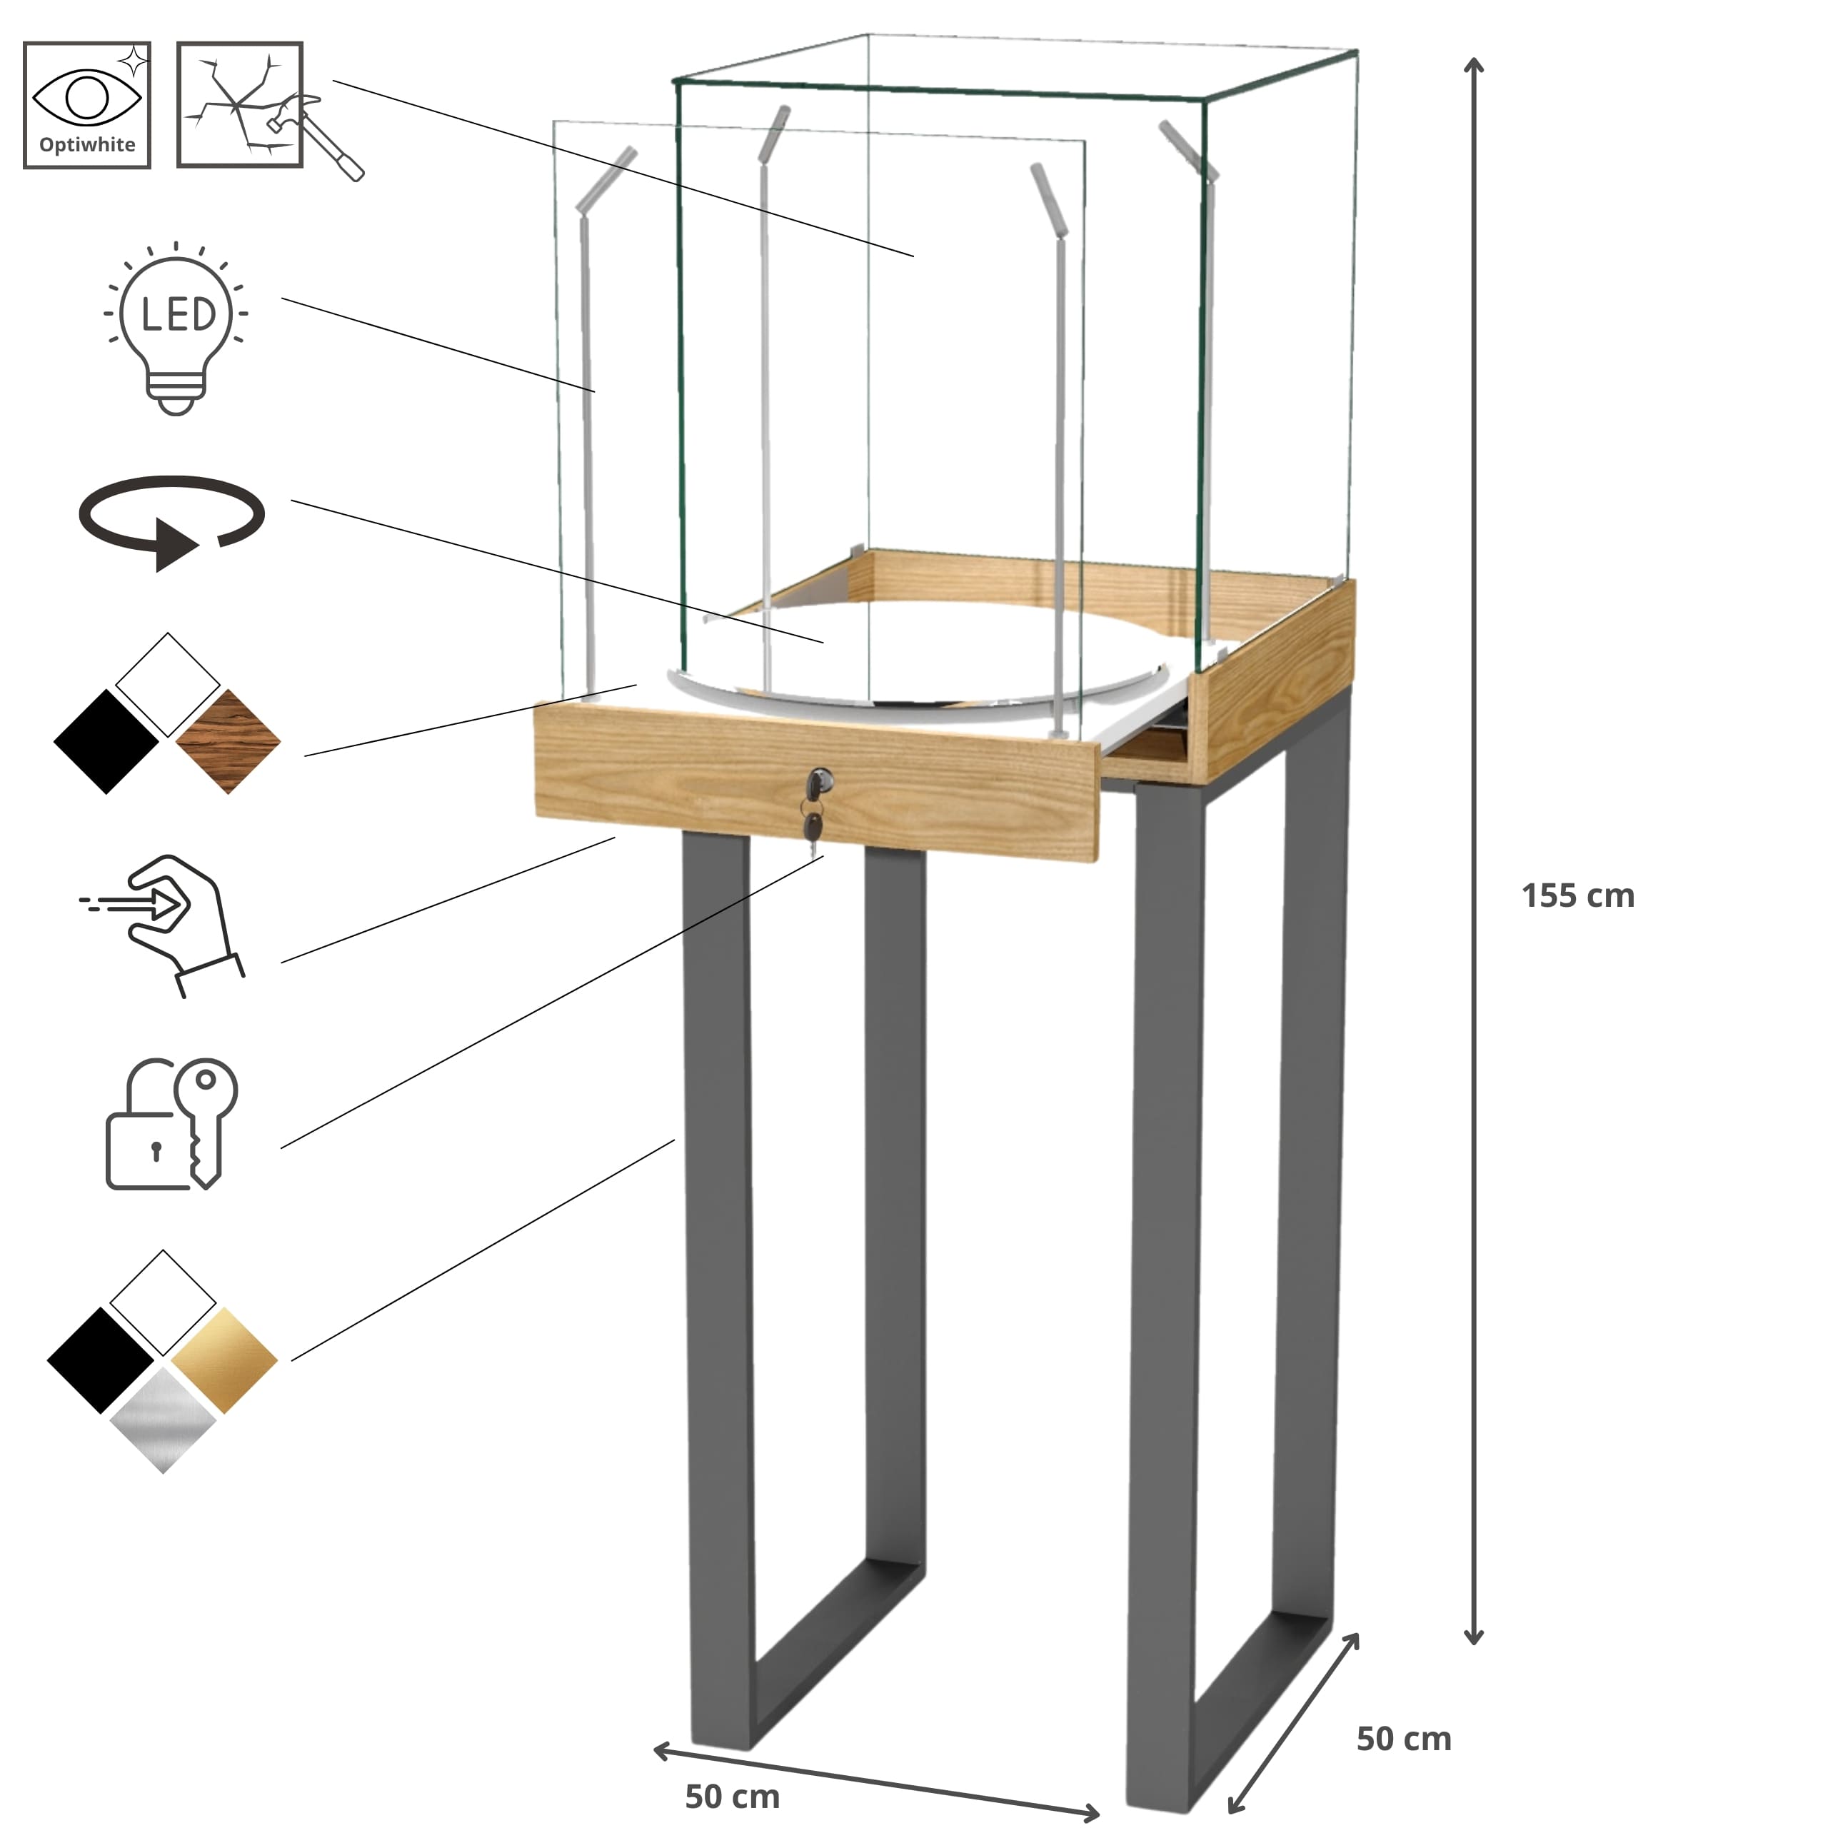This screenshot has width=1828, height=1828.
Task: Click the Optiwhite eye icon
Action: coord(87,104)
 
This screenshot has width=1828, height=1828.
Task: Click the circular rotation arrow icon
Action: coord(171,522)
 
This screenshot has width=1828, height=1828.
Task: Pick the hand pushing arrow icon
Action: coord(163,925)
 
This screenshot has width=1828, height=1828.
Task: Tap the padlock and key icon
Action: coord(171,1124)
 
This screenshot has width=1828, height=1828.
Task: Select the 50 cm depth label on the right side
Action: coord(1403,1738)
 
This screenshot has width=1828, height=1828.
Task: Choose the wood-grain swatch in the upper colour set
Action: coord(228,741)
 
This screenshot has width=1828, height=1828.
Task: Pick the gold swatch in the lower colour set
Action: coord(225,1360)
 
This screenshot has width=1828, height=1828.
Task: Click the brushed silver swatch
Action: coord(163,1420)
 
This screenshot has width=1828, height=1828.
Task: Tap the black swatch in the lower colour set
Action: coord(100,1360)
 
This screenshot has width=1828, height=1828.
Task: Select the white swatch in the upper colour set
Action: coord(168,685)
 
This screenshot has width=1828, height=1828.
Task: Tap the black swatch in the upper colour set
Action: coord(106,741)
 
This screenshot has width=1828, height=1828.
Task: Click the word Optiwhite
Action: coord(87,145)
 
